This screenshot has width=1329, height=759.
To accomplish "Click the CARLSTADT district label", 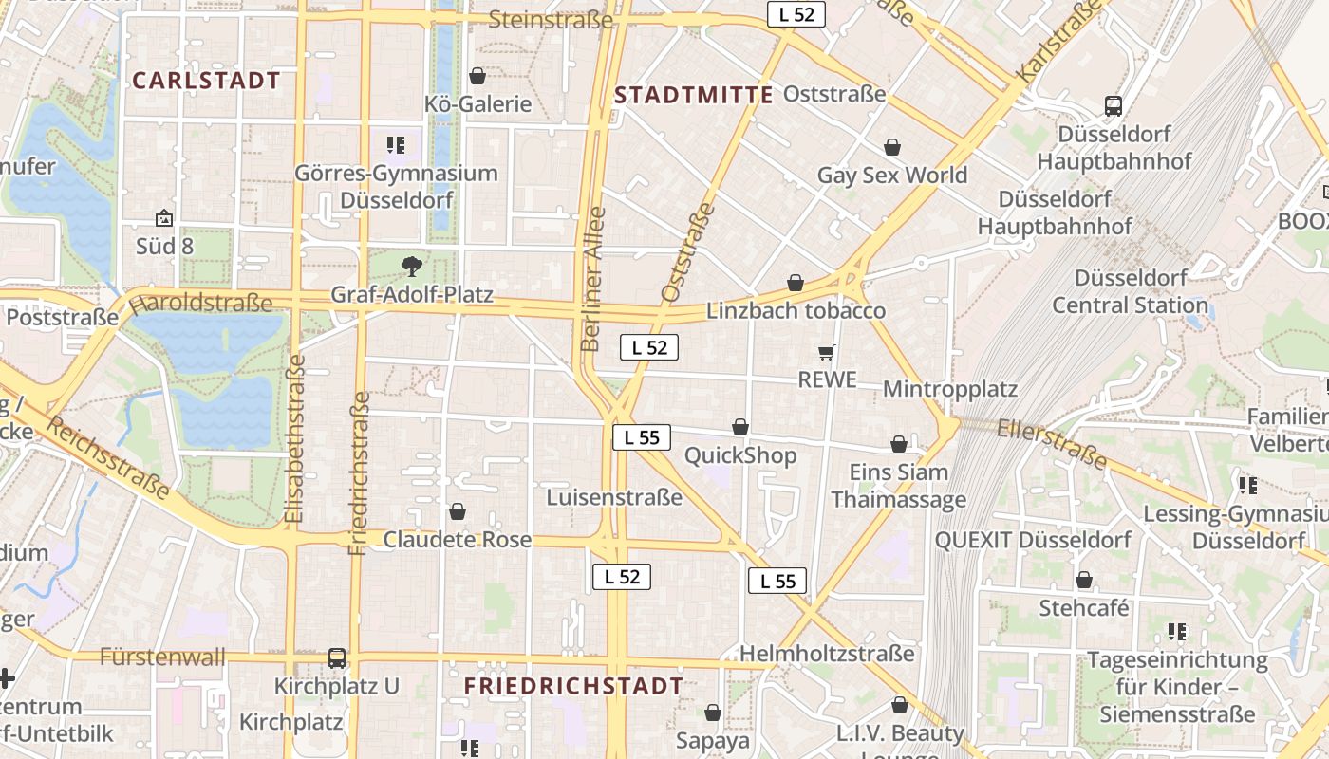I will (x=207, y=81).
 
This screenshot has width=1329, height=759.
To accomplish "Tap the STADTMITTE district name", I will (x=694, y=95).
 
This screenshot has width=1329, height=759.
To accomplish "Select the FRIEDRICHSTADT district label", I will (x=573, y=686).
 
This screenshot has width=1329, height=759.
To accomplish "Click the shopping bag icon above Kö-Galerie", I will (x=477, y=76).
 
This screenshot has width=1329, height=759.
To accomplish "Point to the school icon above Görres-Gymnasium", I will (x=396, y=145).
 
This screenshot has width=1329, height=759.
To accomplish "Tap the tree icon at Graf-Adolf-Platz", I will (x=411, y=266).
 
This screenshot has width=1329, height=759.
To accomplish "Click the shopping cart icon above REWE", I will (x=827, y=353).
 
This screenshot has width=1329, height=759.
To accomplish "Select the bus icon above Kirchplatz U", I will (x=337, y=657).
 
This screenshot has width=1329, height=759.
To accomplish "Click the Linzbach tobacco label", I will (x=796, y=311).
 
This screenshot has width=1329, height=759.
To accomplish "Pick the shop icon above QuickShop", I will (x=740, y=428).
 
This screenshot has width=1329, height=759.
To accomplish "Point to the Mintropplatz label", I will (x=949, y=389).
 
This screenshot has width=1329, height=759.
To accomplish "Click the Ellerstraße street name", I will (x=1052, y=442).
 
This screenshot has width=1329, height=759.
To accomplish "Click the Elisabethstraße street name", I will (x=294, y=438).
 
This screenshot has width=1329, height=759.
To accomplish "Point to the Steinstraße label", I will (x=550, y=20).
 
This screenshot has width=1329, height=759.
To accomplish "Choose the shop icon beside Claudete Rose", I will (x=458, y=512).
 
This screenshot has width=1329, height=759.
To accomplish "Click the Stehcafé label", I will (x=1084, y=608).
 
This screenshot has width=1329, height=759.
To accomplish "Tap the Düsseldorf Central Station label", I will (x=1130, y=292).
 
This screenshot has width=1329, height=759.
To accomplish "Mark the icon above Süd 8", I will (x=164, y=219).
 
